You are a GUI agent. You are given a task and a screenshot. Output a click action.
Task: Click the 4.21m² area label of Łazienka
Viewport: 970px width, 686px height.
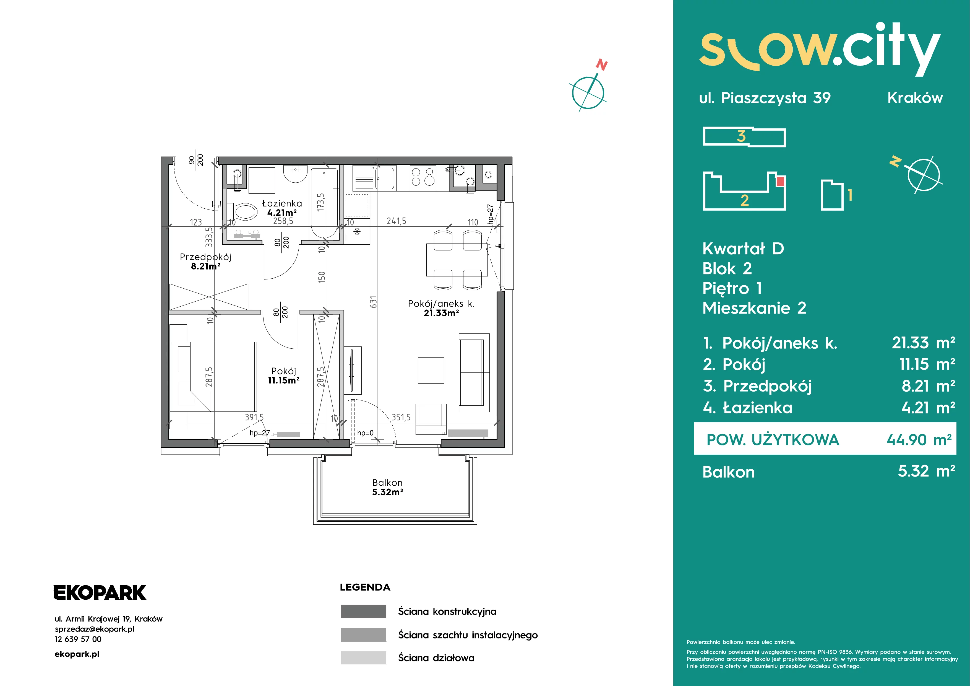pos(282,213)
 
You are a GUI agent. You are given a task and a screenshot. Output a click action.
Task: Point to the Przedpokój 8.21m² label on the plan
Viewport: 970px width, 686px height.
pos(205,261)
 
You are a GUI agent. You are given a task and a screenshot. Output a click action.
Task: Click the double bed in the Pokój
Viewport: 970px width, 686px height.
pos(213,376)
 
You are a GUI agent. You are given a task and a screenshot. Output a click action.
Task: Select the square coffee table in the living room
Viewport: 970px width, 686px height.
pos(431,370)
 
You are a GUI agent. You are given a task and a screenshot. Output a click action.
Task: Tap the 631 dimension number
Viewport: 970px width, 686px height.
pos(373,302)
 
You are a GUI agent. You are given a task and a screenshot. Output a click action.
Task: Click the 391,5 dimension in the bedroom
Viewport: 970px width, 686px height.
pos(254,417)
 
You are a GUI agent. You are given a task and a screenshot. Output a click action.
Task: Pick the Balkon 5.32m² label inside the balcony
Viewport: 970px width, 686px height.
pos(387,487)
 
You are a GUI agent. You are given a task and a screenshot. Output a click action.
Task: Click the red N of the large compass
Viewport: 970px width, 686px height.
pos(602,65)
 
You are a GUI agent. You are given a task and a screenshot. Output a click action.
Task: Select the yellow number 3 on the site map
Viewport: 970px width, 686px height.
pos(741,136)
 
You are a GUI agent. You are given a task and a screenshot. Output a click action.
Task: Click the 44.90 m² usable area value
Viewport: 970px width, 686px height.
pos(919,440)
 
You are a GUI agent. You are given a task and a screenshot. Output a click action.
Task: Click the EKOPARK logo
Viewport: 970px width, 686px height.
pos(100,592)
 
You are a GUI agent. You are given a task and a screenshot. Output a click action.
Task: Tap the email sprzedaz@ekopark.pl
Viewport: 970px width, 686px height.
pos(95,629)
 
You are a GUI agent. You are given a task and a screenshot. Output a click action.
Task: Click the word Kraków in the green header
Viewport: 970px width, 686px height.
pos(915,98)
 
